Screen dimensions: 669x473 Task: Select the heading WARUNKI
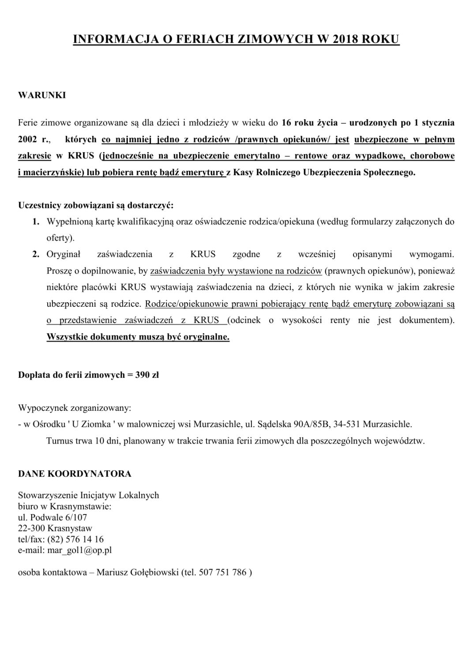[x=42, y=95]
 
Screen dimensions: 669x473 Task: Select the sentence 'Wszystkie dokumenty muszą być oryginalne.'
[x=138, y=337]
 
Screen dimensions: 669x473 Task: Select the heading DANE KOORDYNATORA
[x=75, y=474]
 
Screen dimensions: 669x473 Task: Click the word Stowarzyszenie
[x=48, y=495]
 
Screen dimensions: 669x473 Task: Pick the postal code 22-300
[x=31, y=528]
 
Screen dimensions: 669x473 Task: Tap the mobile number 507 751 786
[x=223, y=573]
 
